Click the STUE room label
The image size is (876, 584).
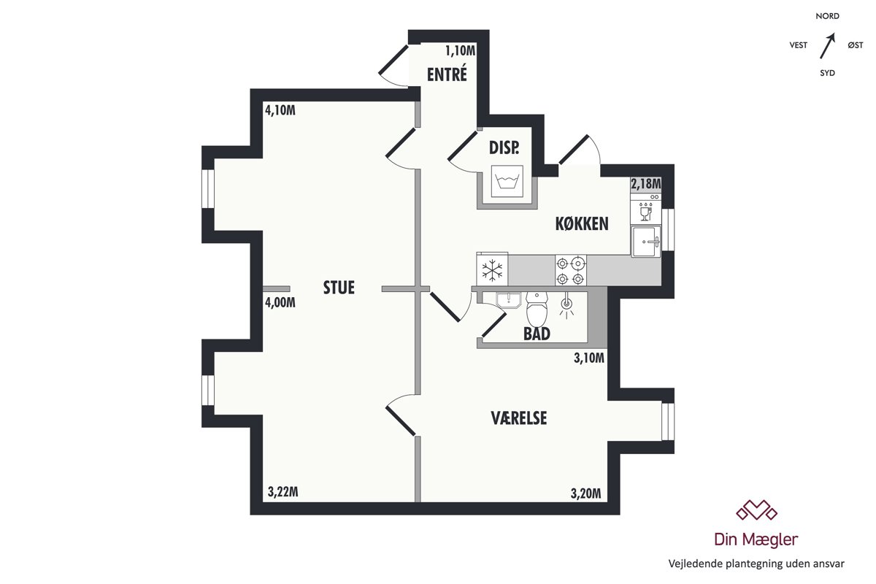pos(339,288)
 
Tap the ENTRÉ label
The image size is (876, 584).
pos(447,74)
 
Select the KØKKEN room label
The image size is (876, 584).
pos(582,223)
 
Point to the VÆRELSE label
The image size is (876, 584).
pos(519,418)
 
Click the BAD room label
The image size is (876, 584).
pos(537,334)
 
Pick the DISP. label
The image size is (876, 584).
pos(504,147)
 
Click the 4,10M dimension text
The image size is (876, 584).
pos(280,110)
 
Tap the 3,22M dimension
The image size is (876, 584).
pos(283,492)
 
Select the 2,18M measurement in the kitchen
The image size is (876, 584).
pos(645,183)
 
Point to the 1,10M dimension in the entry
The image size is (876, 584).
pos(461,50)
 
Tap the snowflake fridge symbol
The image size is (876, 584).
pos(492,270)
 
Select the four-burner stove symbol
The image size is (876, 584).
pos(571,270)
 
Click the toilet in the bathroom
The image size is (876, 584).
pos(537,309)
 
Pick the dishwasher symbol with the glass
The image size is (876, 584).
pos(645,212)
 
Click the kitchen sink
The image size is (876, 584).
pos(645,242)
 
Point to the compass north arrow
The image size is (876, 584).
pos(827,46)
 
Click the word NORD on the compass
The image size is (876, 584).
pos(828,16)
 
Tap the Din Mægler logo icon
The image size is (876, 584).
pos(756,510)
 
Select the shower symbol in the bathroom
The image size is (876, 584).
pos(566,306)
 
